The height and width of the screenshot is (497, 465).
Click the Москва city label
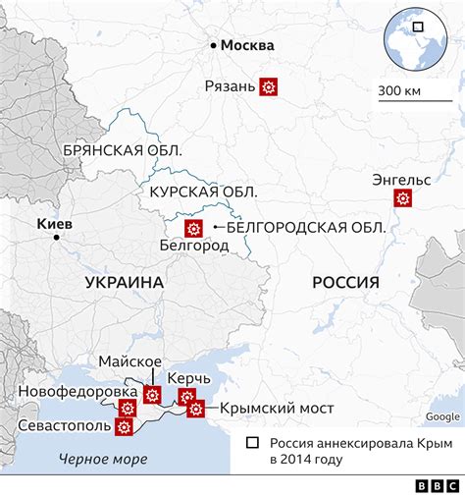[248, 45]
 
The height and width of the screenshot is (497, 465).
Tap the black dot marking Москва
[212, 44]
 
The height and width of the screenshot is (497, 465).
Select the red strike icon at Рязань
[268, 86]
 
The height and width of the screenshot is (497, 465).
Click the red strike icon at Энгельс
[402, 198]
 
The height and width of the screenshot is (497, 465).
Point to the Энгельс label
[401, 179]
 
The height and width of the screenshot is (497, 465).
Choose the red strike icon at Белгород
[194, 229]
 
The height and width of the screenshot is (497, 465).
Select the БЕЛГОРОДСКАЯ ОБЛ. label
[305, 228]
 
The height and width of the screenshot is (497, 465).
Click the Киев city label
[54, 223]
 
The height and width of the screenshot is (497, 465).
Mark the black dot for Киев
[56, 237]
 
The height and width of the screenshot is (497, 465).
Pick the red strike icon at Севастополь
[124, 427]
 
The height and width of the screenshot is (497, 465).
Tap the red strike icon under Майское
[152, 395]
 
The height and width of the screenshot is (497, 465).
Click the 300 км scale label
[398, 91]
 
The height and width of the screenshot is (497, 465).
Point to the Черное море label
[103, 458]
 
